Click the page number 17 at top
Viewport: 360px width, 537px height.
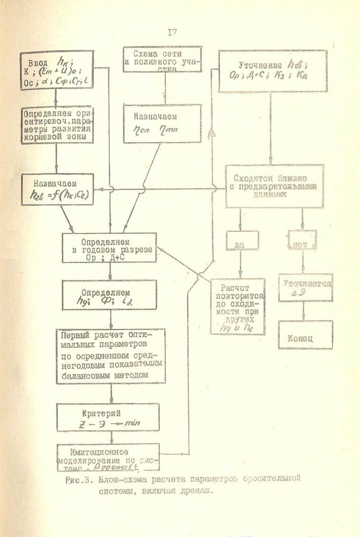[172, 32]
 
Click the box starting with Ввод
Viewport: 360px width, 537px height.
[57, 70]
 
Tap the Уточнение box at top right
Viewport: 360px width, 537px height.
[273, 71]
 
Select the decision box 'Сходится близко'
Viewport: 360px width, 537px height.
[274, 186]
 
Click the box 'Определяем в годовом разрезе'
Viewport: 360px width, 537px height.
[109, 247]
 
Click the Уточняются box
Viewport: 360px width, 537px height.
[305, 287]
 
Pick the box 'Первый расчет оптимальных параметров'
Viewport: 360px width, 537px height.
[111, 355]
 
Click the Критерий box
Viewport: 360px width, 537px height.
[109, 417]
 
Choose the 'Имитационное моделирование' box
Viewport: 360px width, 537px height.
[108, 456]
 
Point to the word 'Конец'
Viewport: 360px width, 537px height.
[305, 339]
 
